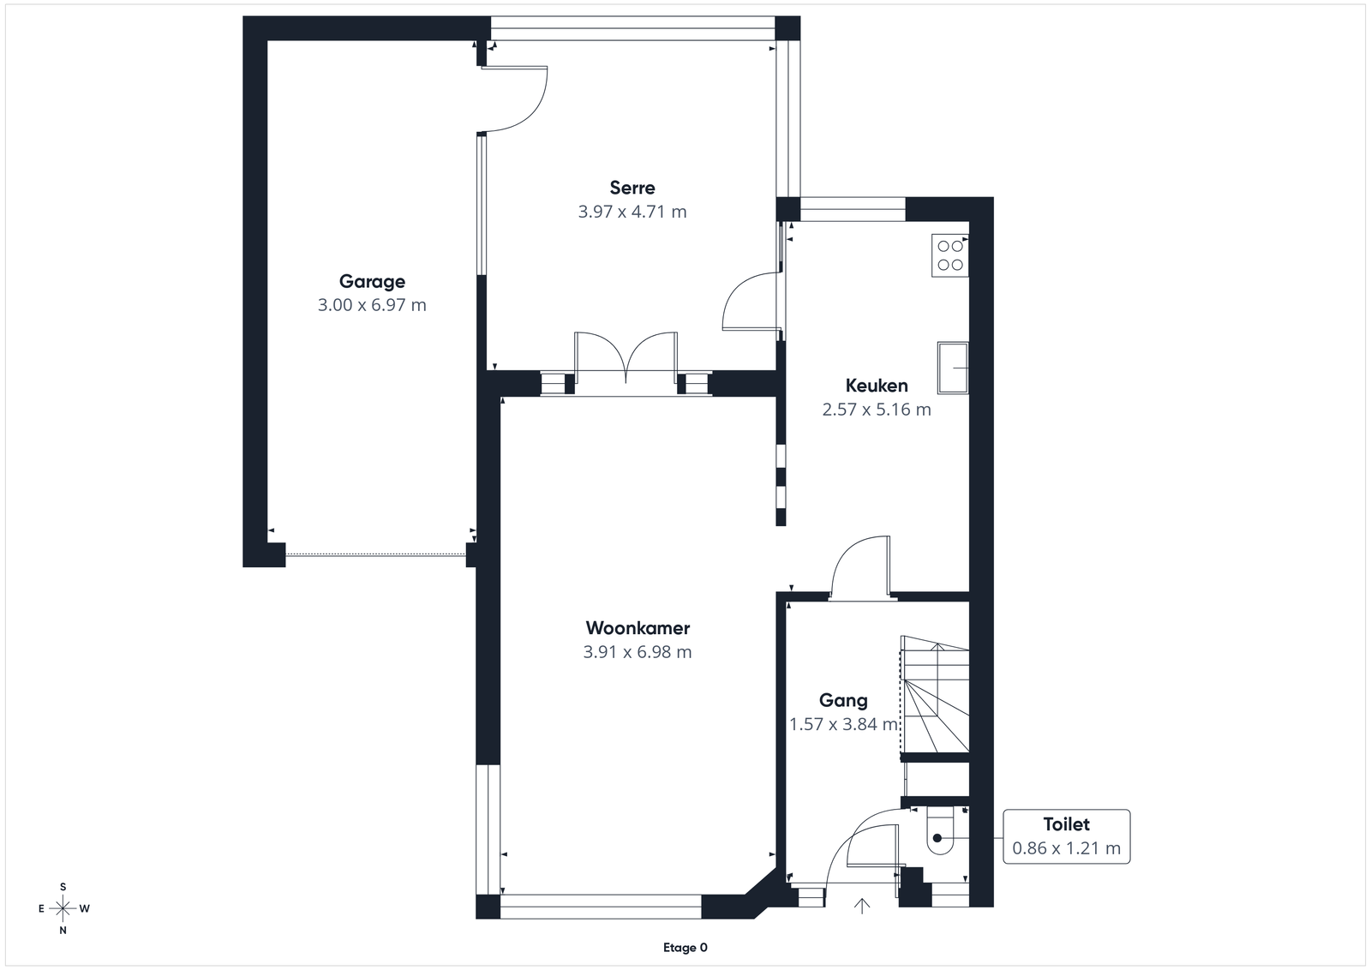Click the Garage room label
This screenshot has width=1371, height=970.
pyautogui.click(x=372, y=282)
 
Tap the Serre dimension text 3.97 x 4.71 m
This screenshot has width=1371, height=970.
pyautogui.click(x=632, y=212)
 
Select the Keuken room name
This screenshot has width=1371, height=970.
pyautogui.click(x=877, y=386)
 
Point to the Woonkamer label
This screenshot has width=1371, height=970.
pyautogui.click(x=638, y=628)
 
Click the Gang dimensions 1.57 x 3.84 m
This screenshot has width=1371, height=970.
pyautogui.click(x=843, y=725)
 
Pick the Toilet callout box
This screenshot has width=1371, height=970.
pyautogui.click(x=1066, y=836)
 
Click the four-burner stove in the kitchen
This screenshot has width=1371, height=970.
pyautogui.click(x=950, y=255)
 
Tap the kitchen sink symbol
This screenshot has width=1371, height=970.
pyautogui.click(x=952, y=368)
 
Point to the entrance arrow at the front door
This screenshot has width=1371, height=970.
pyautogui.click(x=862, y=906)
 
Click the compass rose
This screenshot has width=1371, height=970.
pyautogui.click(x=63, y=908)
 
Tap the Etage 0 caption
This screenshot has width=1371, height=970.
pyautogui.click(x=685, y=948)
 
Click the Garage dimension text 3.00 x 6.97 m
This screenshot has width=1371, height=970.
pyautogui.click(x=372, y=305)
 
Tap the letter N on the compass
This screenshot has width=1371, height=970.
pyautogui.click(x=63, y=931)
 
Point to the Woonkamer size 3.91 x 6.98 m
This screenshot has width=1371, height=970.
pyautogui.click(x=638, y=652)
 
